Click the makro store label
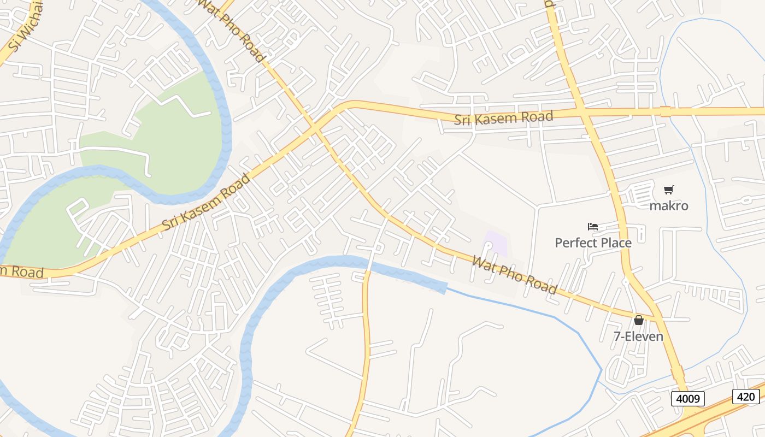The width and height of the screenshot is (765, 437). (668, 206)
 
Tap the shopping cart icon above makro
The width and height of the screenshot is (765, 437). (668, 190)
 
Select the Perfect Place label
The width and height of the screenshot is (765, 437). (593, 243)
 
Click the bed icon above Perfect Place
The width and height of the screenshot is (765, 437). (593, 226)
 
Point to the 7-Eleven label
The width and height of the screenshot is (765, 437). (638, 336)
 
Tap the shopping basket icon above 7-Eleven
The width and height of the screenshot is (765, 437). (638, 320)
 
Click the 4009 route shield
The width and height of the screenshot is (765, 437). (688, 399)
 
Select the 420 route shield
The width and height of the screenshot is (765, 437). (746, 397)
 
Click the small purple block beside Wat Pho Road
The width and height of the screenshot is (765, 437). (496, 244)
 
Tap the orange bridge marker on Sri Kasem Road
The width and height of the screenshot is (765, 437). (665, 111)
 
